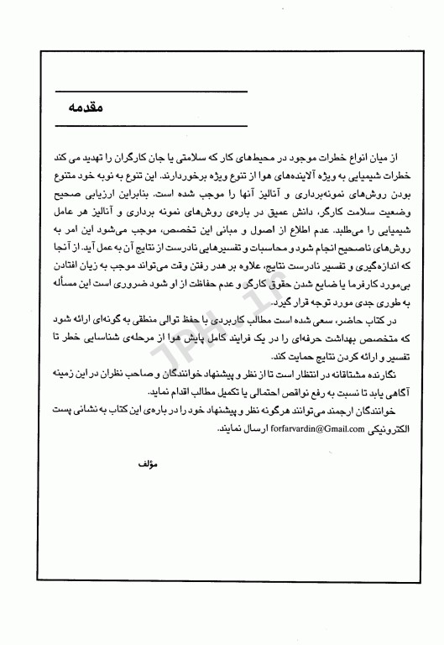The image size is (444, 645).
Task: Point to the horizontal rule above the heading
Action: pyautogui.click(x=149, y=90)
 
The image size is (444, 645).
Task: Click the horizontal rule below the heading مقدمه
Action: pyautogui.click(x=149, y=123)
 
